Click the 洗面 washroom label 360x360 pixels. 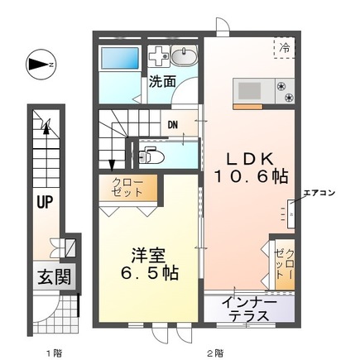click(x=162, y=82)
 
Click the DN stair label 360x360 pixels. click(x=172, y=126)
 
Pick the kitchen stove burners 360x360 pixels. click(x=286, y=91)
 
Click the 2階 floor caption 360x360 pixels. click(x=215, y=353)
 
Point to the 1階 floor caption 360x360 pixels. click(x=54, y=353)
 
